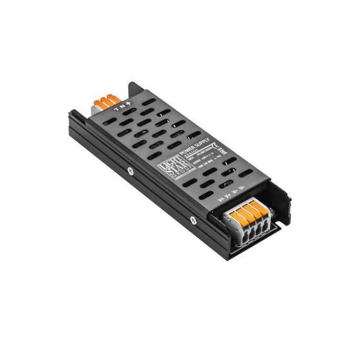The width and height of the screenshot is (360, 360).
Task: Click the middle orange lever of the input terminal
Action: [x=104, y=100]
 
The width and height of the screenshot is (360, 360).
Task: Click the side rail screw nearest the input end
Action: [x=128, y=170]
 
